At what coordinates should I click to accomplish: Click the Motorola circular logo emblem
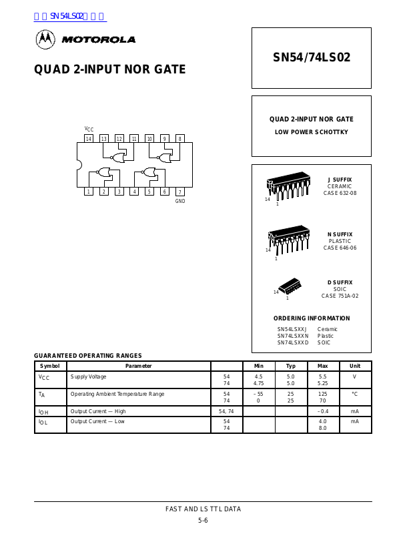click(x=45, y=39)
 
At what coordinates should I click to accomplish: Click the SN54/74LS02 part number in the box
click(x=311, y=57)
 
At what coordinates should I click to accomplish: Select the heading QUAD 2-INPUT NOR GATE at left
click(x=110, y=69)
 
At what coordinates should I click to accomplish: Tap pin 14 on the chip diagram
click(x=89, y=139)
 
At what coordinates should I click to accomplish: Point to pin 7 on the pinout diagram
click(x=179, y=192)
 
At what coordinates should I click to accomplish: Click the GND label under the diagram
click(x=180, y=201)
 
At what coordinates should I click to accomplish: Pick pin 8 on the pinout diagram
click(x=179, y=139)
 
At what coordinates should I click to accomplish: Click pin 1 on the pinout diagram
click(x=89, y=192)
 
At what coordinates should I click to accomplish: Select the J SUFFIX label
click(x=340, y=180)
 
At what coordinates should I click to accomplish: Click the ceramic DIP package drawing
click(x=288, y=187)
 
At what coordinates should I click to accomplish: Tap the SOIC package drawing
click(x=290, y=286)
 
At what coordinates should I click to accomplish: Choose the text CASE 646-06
click(x=340, y=248)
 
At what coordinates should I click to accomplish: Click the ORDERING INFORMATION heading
click(x=312, y=318)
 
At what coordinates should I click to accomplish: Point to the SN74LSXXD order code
click(x=293, y=342)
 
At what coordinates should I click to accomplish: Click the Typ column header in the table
click(x=291, y=366)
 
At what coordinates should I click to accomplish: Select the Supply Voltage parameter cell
click(x=88, y=377)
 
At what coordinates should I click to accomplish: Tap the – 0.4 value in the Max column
click(x=322, y=411)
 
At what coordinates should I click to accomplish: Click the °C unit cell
click(x=355, y=394)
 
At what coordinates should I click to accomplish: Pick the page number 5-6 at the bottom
click(x=203, y=520)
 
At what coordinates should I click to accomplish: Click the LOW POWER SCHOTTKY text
click(x=312, y=132)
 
